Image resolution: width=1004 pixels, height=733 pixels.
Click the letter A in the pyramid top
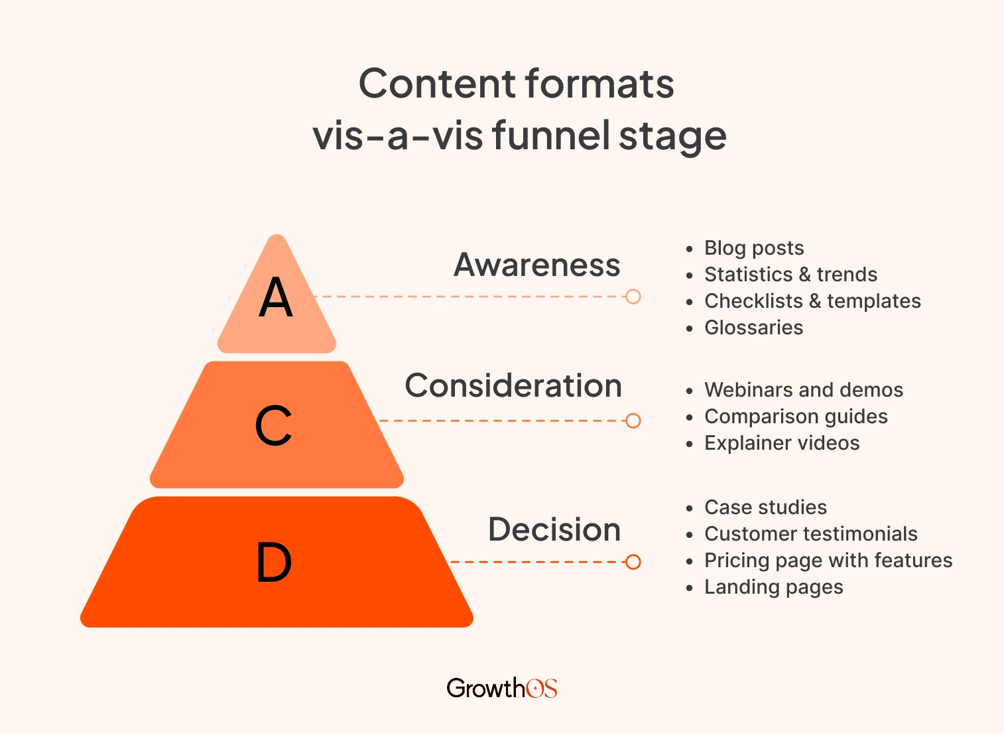click(276, 298)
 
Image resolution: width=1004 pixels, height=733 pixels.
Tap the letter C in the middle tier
click(273, 425)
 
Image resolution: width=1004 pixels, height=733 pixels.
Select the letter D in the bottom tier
click(274, 562)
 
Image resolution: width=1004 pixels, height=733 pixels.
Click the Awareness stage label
click(536, 265)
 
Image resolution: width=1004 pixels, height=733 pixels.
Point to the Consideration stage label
click(513, 385)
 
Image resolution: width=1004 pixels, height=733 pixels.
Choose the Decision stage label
click(554, 529)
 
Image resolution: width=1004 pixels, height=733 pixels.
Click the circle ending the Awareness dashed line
click(633, 297)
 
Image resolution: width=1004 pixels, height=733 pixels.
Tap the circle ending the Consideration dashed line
click(633, 421)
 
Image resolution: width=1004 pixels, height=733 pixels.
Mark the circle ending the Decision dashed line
click(633, 562)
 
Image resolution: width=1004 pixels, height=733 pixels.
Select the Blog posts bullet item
click(754, 248)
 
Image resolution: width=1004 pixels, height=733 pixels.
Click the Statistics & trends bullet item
click(790, 275)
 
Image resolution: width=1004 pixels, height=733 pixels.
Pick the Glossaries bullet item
click(753, 328)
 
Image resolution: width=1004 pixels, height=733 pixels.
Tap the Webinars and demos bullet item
click(804, 390)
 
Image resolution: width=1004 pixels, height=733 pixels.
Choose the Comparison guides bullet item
click(796, 417)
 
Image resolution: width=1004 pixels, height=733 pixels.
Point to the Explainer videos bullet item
click(782, 443)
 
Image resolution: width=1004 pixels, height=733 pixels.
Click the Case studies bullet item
click(765, 507)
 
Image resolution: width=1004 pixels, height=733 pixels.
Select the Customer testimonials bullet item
click(811, 534)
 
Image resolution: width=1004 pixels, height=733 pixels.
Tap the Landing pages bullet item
click(774, 587)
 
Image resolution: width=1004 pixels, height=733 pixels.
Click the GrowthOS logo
click(502, 688)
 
